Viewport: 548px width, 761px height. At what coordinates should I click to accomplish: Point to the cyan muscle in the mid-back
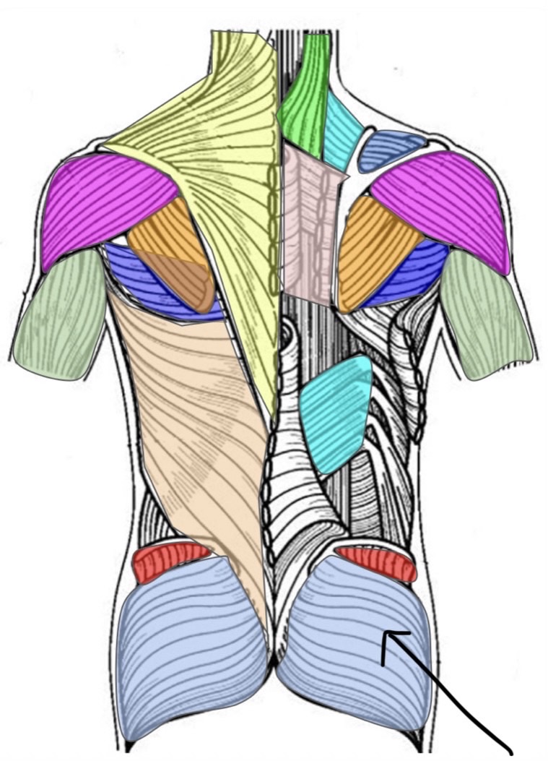click(x=336, y=412)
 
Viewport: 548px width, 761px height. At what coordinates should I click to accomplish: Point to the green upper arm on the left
click(x=58, y=318)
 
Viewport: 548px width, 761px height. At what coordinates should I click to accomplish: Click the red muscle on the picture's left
click(x=170, y=560)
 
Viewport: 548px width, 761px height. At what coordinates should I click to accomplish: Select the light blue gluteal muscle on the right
click(x=347, y=636)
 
